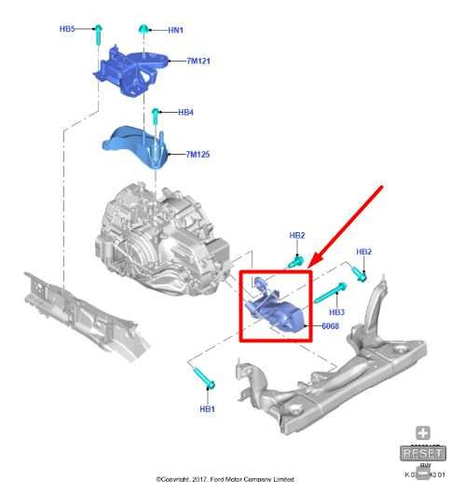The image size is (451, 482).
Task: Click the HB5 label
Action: [67, 29]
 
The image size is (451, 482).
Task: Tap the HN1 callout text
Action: [175, 30]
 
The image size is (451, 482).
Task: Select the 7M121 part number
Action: [198, 62]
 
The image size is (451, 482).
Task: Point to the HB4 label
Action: [185, 113]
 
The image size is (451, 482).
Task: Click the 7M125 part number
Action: [198, 153]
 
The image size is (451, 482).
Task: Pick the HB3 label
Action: [336, 311]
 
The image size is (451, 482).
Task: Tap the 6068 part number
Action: [330, 327]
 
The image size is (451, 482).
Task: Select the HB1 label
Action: [207, 409]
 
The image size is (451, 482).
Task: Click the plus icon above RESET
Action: [423, 434]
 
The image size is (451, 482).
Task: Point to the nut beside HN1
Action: [145, 31]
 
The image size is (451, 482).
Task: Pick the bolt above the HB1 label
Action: [206, 378]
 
